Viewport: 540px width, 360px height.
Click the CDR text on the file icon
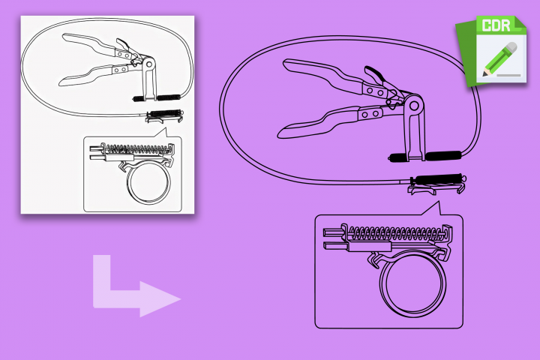[x=496, y=25]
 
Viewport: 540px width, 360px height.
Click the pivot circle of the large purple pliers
[x=414, y=106]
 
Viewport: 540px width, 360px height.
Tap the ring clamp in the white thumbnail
[x=148, y=182]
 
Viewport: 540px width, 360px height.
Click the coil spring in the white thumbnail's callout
[x=138, y=148]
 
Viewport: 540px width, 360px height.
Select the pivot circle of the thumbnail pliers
[x=149, y=64]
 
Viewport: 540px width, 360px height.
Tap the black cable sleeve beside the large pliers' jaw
[x=443, y=155]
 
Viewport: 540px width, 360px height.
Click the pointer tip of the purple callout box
[x=439, y=202]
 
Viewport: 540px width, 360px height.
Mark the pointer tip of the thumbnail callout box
[x=166, y=128]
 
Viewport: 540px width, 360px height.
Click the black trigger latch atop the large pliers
[x=373, y=73]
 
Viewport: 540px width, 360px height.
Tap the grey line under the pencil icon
[x=508, y=75]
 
